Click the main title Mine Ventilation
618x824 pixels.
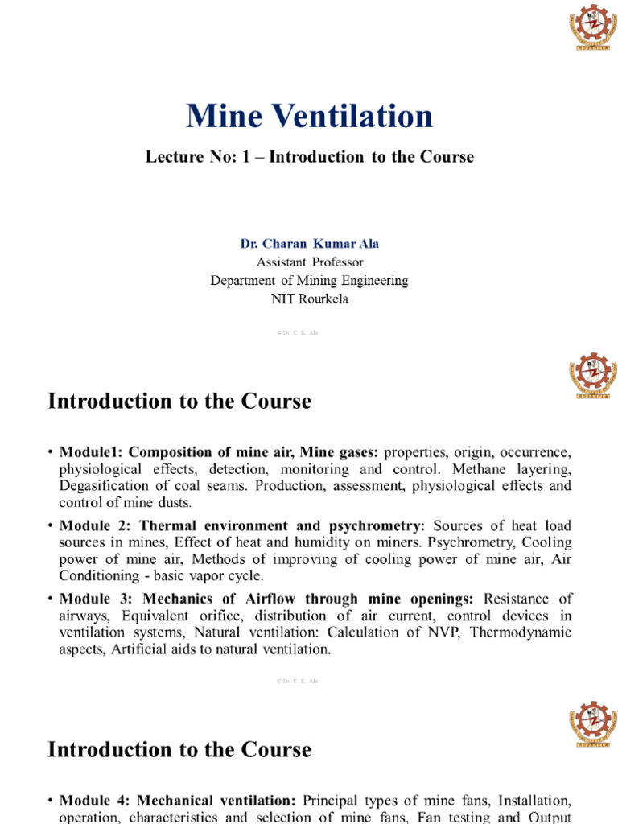[x=309, y=116]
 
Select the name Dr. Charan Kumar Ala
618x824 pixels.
[x=309, y=243]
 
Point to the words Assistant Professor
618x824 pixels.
[x=309, y=262]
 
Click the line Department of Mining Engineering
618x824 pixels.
[x=309, y=281]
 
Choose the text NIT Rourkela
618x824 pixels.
[x=309, y=299]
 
